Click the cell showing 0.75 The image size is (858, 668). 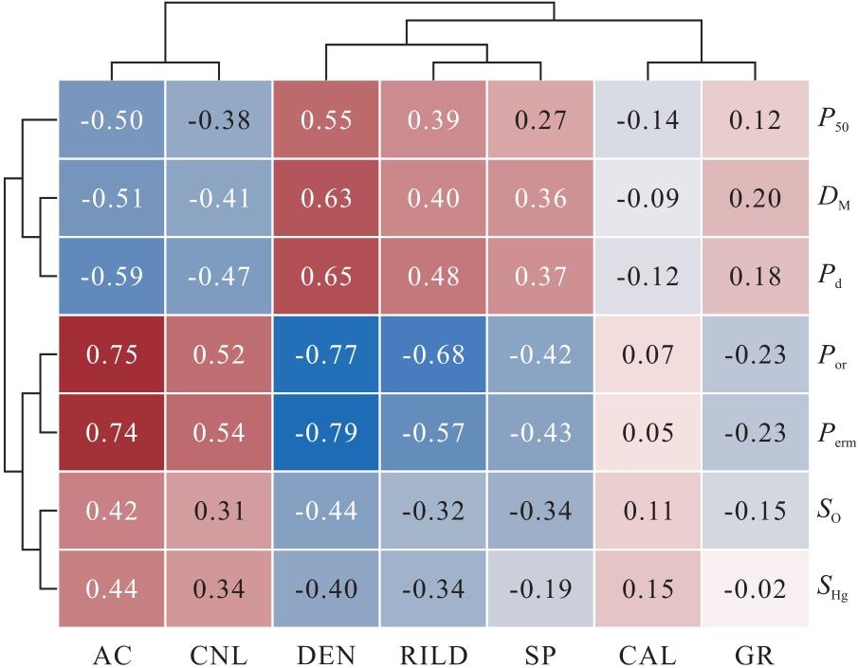(x=111, y=355)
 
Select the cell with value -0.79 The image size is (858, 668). (x=326, y=434)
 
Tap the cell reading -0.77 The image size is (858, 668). (x=326, y=355)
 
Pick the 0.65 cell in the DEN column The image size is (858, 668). (x=326, y=277)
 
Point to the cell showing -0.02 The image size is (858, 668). (x=756, y=589)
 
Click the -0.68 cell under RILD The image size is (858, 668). (x=433, y=355)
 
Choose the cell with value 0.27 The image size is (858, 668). (x=541, y=120)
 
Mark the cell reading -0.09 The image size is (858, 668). (x=648, y=199)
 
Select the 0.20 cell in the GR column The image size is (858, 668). (x=756, y=199)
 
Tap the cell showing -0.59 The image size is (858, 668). (x=111, y=277)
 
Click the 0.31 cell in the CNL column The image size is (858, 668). (x=218, y=512)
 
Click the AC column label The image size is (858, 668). (x=111, y=653)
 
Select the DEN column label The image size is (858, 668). (x=326, y=653)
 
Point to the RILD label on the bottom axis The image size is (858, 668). (x=433, y=653)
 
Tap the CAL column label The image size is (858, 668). (x=648, y=653)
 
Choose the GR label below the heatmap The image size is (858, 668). (x=756, y=653)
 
